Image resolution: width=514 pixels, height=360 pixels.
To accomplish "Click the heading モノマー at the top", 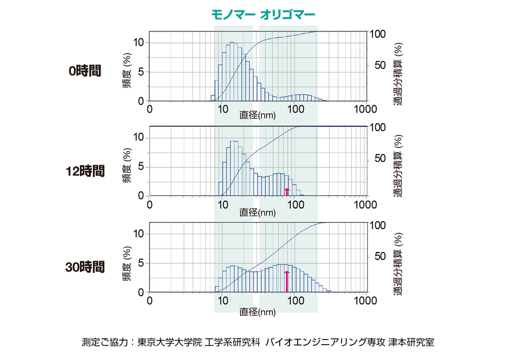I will point(233,14).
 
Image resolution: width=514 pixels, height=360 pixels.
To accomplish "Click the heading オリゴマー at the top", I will point(287,14).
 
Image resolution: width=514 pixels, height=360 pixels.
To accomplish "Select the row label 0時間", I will point(85,71).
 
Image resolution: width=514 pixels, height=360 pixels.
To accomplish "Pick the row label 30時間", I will point(85,266).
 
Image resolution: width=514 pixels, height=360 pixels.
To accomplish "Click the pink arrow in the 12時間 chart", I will point(287,191).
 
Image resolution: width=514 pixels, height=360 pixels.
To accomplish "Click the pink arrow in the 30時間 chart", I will point(287,281).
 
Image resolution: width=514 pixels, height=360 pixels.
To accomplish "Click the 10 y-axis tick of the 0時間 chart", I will point(139,42).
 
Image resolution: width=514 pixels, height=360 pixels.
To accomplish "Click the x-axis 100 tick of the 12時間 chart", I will point(295,205).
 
